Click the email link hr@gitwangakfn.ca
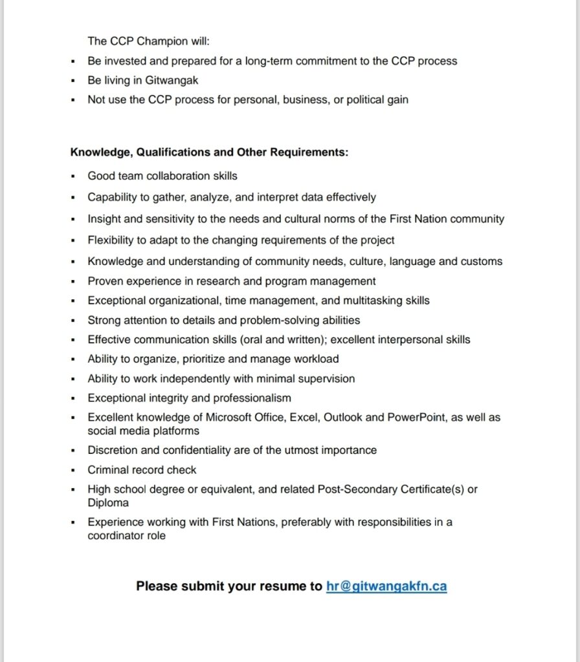point(386,586)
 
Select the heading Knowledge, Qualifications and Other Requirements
point(209,153)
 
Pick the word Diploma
point(108,503)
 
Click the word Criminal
point(107,470)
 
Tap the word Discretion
point(113,450)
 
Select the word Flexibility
point(111,240)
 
